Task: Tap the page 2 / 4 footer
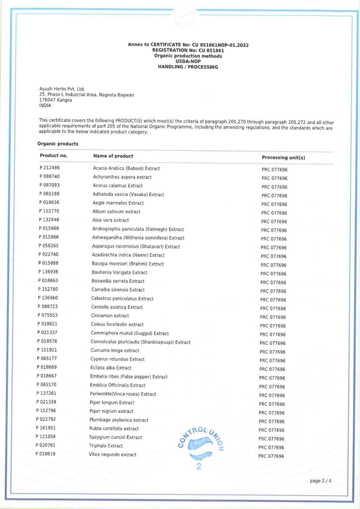320,481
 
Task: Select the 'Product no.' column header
53,155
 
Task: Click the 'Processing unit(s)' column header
283,157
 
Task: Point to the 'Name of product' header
113,156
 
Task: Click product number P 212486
50,168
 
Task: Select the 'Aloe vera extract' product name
111,220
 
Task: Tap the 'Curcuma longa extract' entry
115,350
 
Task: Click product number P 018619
45,454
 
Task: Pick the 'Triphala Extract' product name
106,446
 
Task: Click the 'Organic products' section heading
58,143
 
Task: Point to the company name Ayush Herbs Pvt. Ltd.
62,89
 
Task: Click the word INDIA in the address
45,105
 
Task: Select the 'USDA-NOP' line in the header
188,61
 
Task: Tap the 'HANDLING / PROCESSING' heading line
188,67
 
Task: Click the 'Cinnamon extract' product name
110,315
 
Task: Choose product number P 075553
47,315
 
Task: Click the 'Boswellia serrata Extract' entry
118,281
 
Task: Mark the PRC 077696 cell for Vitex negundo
271,456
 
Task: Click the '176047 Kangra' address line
55,100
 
